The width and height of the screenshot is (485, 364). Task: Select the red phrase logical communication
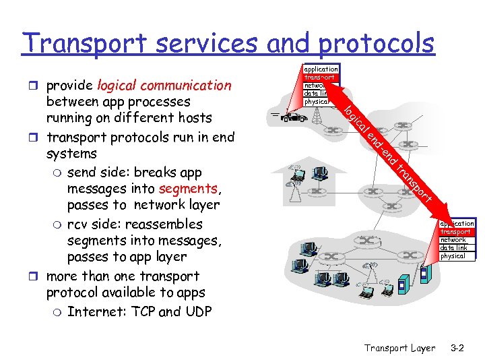164,86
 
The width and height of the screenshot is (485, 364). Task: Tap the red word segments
187,189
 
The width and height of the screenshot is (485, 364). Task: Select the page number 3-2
458,348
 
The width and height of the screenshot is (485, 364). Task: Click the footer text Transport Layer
399,348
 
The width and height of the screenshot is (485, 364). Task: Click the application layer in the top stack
321,69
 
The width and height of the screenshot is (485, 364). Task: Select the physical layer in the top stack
317,102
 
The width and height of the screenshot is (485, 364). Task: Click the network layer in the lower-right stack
453,240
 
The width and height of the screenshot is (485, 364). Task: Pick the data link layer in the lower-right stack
453,248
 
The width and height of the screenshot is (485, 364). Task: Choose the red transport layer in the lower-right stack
456,232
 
